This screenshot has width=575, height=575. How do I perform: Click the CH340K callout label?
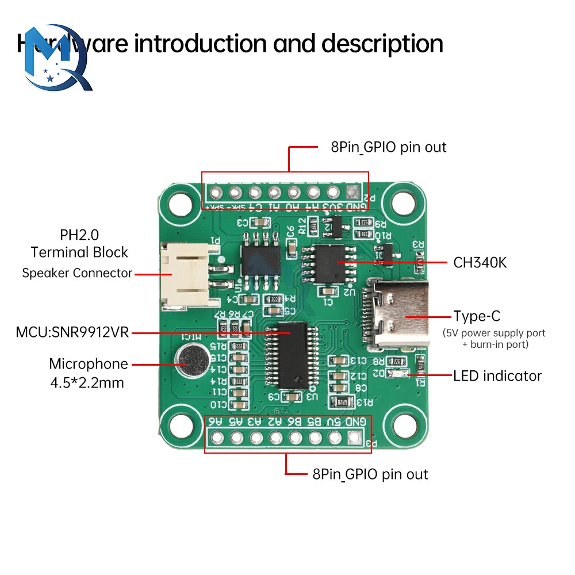tap(480, 263)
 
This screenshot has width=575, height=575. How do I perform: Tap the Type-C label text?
tap(477, 316)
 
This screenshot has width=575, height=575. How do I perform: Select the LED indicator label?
tap(497, 376)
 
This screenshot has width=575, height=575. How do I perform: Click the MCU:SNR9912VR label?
tap(72, 332)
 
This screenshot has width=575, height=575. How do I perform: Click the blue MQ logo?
tap(55, 57)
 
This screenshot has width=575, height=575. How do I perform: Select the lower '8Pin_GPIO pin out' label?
tap(370, 474)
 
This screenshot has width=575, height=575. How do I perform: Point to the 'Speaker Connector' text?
tap(77, 273)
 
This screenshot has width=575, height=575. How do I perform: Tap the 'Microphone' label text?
tap(89, 363)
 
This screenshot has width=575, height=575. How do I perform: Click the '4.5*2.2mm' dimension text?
tap(87, 382)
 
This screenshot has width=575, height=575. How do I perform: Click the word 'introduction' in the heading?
tap(201, 44)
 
